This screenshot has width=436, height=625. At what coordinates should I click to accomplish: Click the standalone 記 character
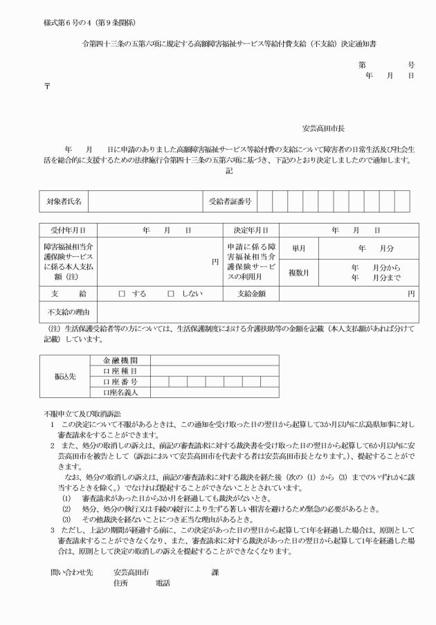[x=229, y=170]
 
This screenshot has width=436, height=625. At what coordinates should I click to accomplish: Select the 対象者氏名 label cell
[x=64, y=201]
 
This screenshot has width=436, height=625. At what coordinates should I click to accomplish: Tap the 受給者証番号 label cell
[x=230, y=201]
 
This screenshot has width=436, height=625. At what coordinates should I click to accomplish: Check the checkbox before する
[x=121, y=294]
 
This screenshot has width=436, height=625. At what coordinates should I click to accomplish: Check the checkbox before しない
[x=170, y=294]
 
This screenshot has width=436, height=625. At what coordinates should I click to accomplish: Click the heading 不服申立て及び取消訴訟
[x=82, y=414]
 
